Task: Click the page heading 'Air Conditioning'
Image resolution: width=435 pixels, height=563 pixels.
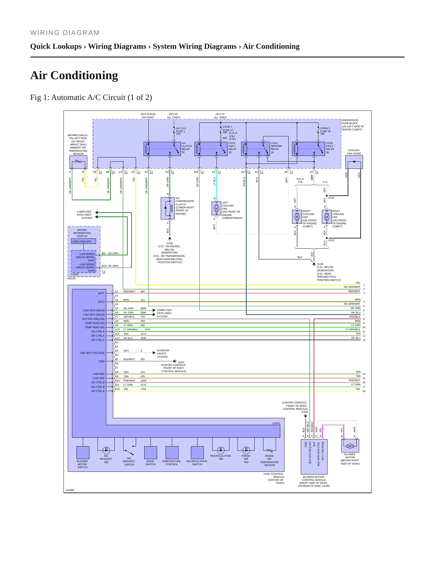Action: coord(74,75)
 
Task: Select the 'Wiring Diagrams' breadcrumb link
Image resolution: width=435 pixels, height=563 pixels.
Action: coord(117,46)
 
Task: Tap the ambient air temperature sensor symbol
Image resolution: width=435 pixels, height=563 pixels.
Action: coord(78,162)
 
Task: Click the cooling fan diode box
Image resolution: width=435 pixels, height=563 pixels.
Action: coord(354,162)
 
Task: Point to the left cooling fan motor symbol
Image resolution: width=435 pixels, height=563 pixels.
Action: coord(216,208)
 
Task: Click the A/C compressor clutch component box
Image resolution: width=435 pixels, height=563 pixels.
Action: coord(168,208)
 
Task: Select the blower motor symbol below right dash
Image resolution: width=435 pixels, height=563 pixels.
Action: coord(350,446)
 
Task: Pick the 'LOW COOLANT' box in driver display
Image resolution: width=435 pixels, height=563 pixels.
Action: coord(83,241)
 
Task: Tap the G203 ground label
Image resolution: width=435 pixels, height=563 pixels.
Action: coord(305,412)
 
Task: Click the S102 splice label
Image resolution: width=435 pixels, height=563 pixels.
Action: coord(331,198)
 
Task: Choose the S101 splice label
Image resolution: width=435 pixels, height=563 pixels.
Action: coord(331,240)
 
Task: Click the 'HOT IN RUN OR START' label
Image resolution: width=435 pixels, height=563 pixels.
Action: coord(148,116)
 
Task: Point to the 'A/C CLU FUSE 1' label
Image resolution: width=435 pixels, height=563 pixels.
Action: coord(181,130)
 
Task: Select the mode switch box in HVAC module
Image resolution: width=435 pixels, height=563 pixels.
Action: coord(151,453)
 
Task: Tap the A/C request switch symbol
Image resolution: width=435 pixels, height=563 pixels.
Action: coord(129,452)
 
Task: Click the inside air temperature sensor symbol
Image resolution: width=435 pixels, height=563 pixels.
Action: coord(269,451)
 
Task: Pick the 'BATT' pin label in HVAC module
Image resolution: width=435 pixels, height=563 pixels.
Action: coord(101,293)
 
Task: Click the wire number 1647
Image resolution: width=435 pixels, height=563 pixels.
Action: coord(148,329)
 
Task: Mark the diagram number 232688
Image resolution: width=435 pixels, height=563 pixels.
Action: coord(70,490)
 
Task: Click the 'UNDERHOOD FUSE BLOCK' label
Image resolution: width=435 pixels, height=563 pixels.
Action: coord(350,122)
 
